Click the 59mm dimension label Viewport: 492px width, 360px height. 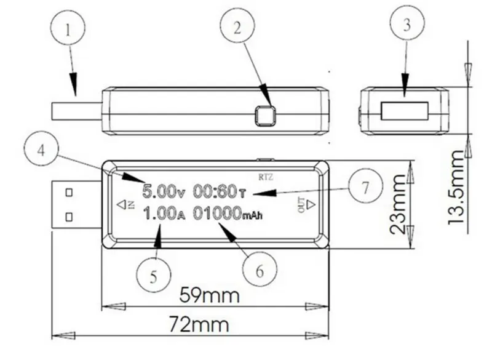(x=208, y=295)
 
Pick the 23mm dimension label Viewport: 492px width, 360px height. (x=398, y=204)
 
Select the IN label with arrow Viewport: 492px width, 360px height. (x=125, y=204)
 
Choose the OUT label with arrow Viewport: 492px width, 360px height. (x=305, y=204)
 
